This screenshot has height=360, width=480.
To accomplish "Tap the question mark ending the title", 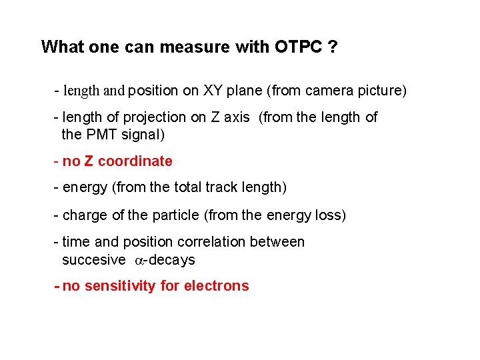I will click(331, 47).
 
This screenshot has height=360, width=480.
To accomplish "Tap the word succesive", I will click(93, 260).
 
